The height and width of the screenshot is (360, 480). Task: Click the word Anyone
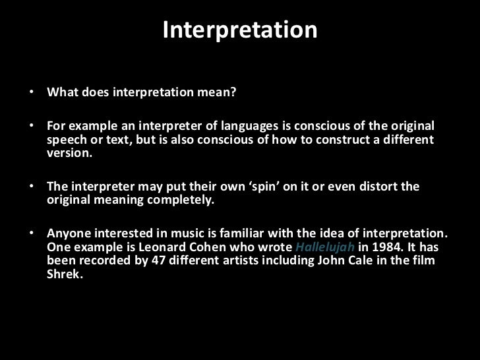click(68, 233)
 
